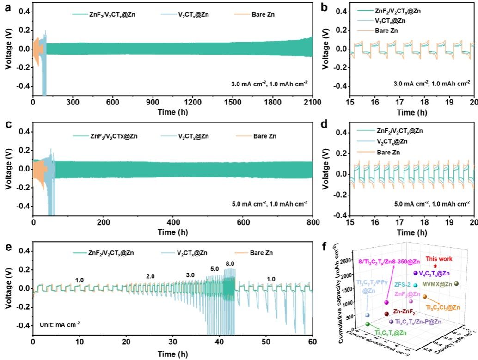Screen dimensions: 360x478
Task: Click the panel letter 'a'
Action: (x=7, y=7)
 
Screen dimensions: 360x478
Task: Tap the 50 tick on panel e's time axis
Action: (x=266, y=342)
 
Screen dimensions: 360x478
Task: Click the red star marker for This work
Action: (x=435, y=267)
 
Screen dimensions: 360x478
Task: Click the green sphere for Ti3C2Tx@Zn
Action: (x=368, y=324)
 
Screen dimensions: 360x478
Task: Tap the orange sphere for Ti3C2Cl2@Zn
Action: (x=424, y=297)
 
